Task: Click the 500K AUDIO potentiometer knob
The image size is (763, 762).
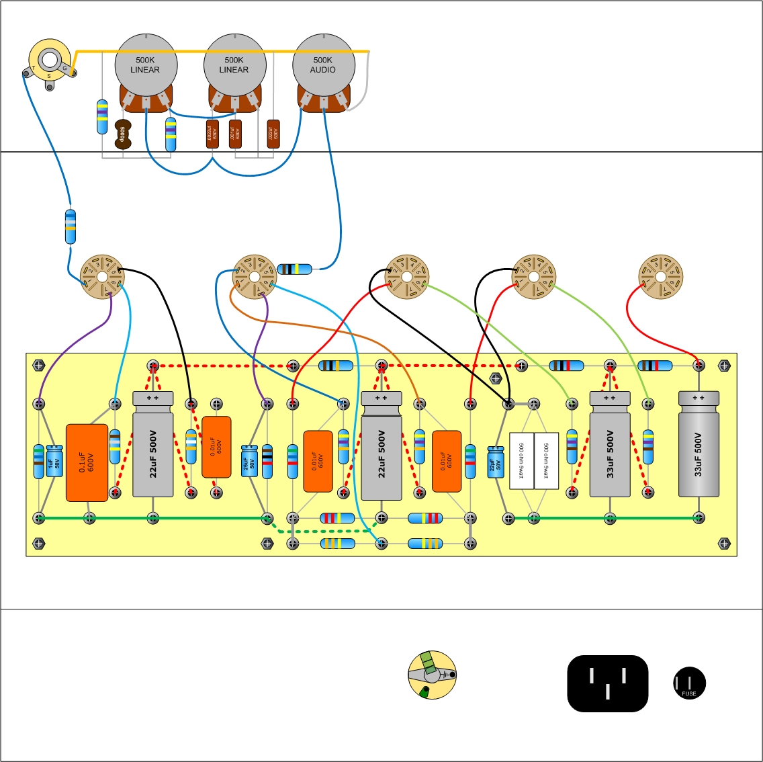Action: click(323, 64)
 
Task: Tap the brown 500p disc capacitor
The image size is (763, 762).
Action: click(122, 134)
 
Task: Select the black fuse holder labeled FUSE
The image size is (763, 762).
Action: click(689, 683)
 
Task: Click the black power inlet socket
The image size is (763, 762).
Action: click(607, 683)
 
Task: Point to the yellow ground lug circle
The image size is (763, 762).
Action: click(432, 674)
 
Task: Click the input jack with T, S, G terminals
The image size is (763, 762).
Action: click(49, 61)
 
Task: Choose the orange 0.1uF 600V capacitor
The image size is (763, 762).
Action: click(87, 462)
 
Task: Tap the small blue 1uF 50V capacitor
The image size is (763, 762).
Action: click(54, 461)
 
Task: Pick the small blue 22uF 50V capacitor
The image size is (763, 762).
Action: click(496, 462)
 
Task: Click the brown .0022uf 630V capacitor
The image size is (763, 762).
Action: click(212, 134)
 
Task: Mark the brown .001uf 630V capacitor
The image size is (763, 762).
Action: click(235, 134)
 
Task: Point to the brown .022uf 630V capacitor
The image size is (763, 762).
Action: click(273, 134)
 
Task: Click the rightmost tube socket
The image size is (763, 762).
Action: click(660, 277)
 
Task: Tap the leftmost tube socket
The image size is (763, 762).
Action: click(102, 277)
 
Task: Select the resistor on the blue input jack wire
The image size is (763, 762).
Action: click(70, 226)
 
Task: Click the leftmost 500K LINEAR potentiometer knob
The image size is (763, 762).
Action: click(145, 64)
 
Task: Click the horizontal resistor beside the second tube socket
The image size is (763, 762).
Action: click(296, 269)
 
